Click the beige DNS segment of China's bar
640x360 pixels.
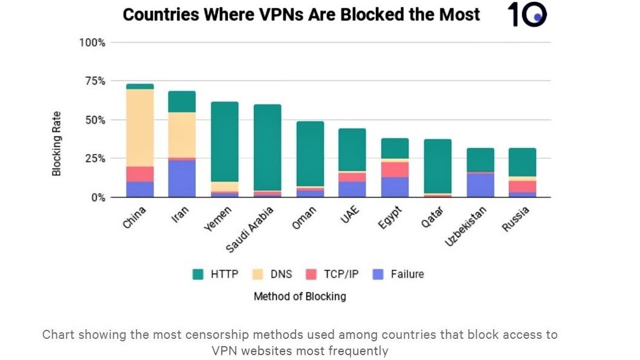pos(140,127)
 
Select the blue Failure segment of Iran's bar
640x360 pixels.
pos(182,179)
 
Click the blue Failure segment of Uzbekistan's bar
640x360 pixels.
pos(480,185)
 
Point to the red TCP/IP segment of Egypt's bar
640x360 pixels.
pos(395,169)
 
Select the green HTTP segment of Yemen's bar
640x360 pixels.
pos(225,141)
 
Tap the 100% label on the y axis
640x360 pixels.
pos(92,42)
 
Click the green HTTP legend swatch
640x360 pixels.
pos(198,274)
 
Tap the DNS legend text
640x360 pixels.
pos(281,274)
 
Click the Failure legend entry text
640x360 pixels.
pos(407,274)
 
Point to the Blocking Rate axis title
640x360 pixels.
pos(57,143)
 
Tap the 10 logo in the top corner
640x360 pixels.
pos(526,14)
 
